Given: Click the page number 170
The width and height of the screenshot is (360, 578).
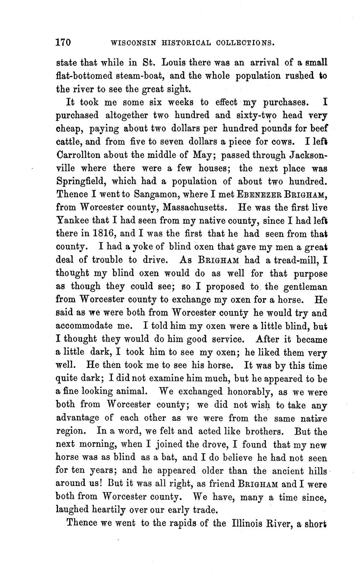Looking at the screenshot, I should coord(63,42).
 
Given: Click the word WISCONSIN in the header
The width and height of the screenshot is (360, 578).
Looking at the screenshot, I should coord(129,43).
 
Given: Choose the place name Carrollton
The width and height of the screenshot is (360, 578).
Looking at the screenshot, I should coord(77,155).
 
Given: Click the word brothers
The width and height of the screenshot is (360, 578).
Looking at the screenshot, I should coord(266,431).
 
